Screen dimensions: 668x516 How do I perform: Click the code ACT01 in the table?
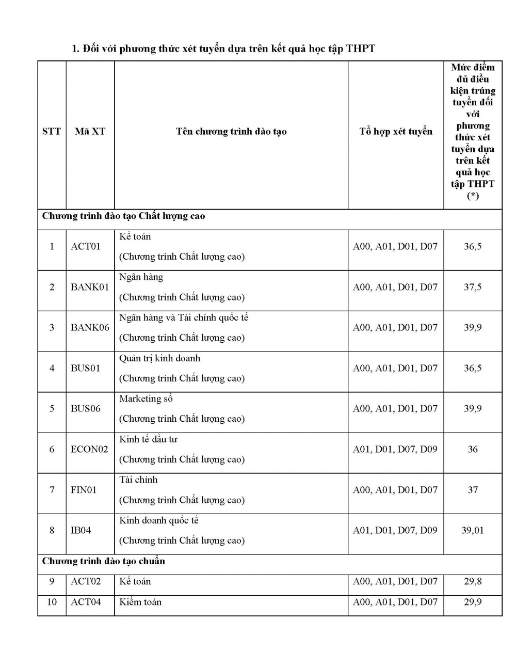tap(86, 246)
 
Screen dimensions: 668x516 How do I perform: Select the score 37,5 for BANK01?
tap(472, 287)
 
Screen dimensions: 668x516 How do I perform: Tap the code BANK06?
tap(90, 327)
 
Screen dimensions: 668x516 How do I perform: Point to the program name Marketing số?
tap(146, 399)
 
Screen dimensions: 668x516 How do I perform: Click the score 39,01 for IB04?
tap(472, 530)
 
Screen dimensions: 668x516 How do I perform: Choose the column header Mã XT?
tap(90, 132)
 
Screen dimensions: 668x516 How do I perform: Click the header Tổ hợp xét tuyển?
tap(395, 132)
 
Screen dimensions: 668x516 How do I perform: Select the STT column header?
tap(52, 132)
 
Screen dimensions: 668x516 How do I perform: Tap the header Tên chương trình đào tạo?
tap(231, 132)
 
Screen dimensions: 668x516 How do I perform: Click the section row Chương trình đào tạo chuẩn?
tap(104, 561)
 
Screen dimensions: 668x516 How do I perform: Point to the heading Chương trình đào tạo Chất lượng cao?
tap(123, 216)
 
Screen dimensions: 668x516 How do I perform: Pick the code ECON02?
tap(89, 449)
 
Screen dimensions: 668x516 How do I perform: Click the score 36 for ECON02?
tap(473, 449)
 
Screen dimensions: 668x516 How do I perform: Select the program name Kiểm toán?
tap(140, 602)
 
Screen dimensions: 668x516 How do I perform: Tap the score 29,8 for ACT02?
tap(472, 581)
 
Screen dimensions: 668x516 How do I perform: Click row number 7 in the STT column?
tap(52, 489)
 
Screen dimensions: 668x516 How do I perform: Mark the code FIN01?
tap(84, 489)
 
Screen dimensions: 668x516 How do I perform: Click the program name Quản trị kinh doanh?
tap(159, 358)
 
